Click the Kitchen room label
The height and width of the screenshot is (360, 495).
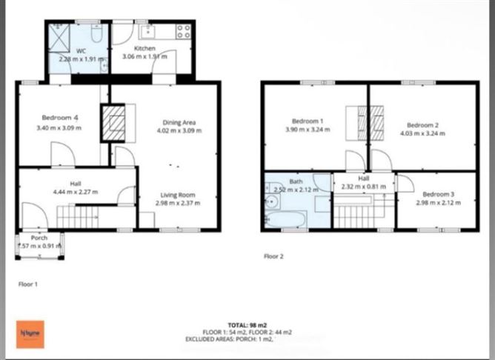click(144, 48)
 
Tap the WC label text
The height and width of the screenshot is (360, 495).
click(72, 50)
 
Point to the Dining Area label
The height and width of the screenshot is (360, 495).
click(181, 122)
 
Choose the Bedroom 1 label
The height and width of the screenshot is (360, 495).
click(308, 121)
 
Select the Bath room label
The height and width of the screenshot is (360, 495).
click(296, 181)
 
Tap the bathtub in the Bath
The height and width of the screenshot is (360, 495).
click(285, 219)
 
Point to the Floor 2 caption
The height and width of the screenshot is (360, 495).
click(274, 256)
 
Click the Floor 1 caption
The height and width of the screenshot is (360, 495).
click(27, 284)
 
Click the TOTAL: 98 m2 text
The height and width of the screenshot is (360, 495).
click(247, 324)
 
